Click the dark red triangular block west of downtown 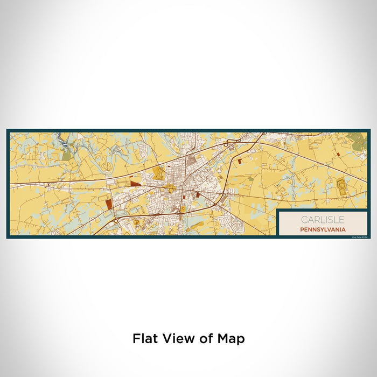[135, 184]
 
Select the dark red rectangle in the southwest [109, 203]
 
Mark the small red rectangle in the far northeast [338, 154]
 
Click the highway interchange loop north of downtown [229, 142]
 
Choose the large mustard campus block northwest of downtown [159, 173]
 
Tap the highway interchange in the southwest [115, 220]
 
